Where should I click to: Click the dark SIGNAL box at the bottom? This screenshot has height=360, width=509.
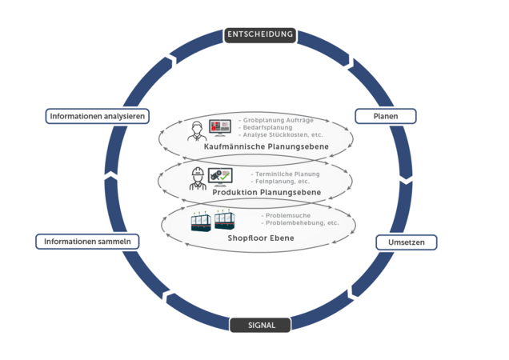click(x=261, y=325)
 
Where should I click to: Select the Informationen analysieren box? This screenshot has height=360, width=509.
click(x=97, y=116)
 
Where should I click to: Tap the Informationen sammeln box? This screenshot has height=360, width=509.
click(x=88, y=242)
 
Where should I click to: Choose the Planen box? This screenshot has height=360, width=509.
click(x=386, y=116)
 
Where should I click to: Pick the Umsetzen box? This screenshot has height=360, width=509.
click(x=406, y=242)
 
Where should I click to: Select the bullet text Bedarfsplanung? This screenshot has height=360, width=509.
click(x=267, y=127)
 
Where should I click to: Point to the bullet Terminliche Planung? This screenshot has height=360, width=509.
click(x=286, y=174)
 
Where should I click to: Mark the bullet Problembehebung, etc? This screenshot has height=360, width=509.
click(x=300, y=222)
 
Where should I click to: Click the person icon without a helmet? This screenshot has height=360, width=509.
click(x=195, y=130)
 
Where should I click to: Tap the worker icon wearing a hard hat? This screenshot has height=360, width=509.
click(x=197, y=178)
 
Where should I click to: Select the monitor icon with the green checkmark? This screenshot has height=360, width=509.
click(x=220, y=175)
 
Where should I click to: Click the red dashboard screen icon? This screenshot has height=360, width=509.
click(x=219, y=127)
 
